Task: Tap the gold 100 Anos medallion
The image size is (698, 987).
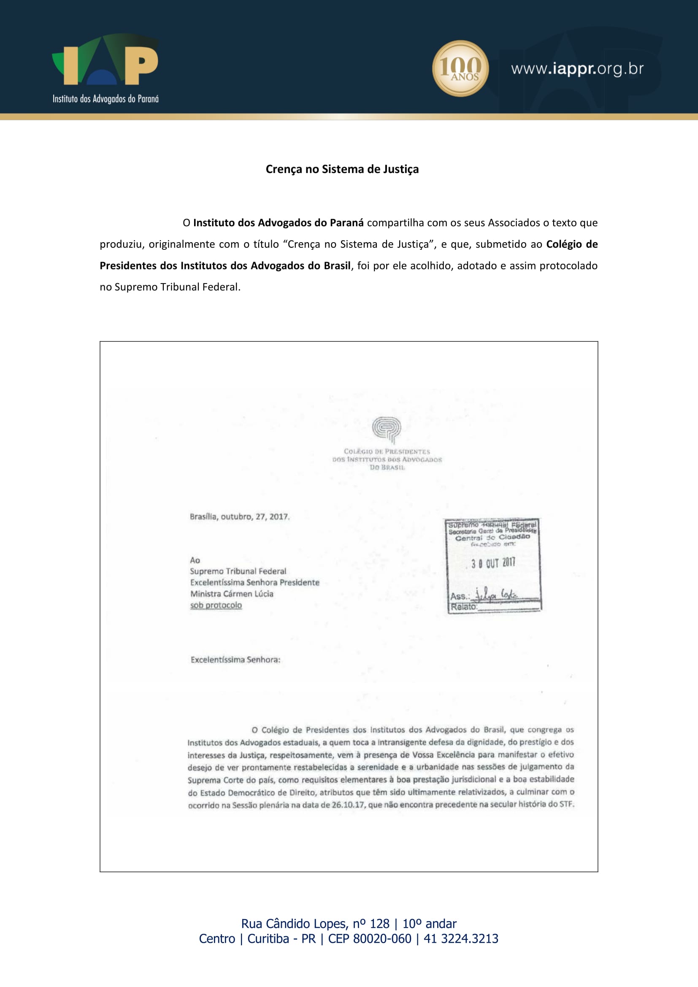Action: point(460,68)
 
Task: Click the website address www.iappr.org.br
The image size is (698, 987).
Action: point(577,69)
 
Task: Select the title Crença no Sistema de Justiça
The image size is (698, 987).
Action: point(342,169)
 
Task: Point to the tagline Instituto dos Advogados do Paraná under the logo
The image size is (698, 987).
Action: point(106,99)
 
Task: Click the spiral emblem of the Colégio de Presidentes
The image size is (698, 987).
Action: point(387,429)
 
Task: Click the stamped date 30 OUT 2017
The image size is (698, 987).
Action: point(493,563)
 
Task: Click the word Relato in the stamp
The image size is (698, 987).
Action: point(463,606)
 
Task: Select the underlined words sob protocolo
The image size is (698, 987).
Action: point(216,605)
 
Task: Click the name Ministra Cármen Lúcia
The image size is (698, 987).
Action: point(232,594)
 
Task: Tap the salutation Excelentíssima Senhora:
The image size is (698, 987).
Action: point(235,660)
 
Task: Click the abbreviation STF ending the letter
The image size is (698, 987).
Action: point(566,804)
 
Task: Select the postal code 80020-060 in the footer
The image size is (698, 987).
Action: point(381,938)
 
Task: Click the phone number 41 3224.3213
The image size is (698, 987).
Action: point(461,938)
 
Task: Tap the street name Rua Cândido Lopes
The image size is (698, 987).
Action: point(294,923)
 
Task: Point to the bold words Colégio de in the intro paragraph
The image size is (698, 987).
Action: point(572,244)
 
